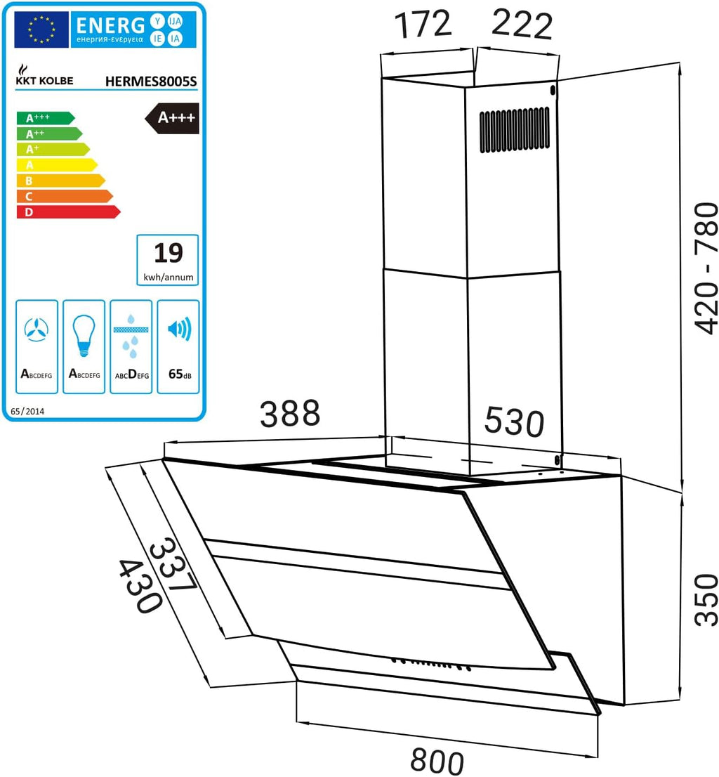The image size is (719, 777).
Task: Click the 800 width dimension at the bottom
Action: [x=437, y=761]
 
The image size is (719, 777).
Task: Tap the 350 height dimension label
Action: [x=706, y=600]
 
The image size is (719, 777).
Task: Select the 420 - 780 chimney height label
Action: [x=706, y=268]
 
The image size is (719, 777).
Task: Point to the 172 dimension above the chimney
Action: [x=423, y=24]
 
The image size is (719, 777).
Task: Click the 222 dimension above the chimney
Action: [x=522, y=24]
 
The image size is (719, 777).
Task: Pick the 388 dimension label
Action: [x=290, y=413]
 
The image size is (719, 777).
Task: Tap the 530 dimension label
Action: [x=514, y=422]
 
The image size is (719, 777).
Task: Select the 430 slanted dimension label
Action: [x=140, y=587]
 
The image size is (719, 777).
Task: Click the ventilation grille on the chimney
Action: [x=515, y=129]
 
